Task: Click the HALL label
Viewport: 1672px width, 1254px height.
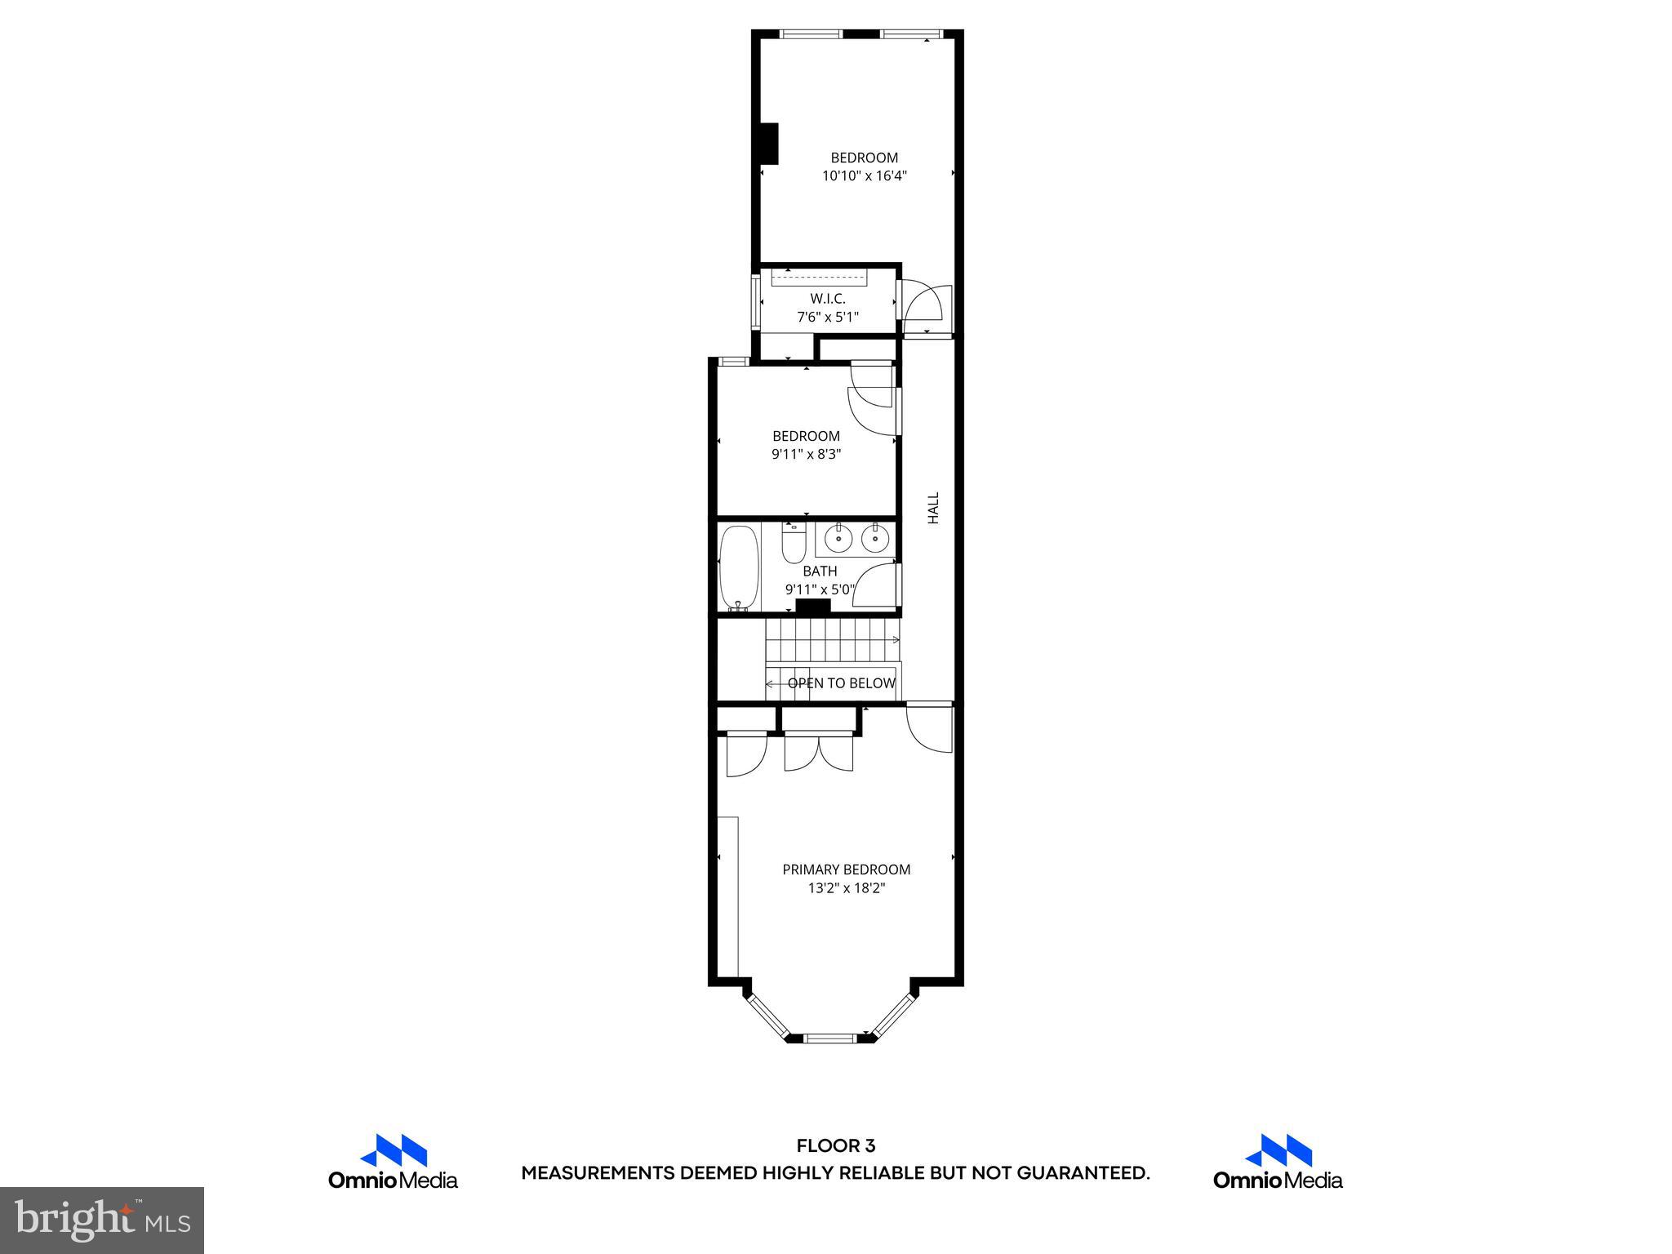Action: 933,508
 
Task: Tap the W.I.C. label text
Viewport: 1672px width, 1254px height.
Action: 828,299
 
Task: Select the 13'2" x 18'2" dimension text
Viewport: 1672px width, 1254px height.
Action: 847,888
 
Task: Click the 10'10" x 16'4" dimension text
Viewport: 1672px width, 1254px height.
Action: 865,176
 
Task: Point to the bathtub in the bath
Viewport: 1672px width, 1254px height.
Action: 739,568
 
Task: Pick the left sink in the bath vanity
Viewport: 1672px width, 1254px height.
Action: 838,539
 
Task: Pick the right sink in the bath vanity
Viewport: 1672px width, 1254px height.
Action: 875,539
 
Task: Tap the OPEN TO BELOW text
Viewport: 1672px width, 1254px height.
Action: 841,683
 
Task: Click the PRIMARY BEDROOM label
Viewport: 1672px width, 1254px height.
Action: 847,869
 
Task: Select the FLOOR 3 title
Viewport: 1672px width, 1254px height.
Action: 835,1146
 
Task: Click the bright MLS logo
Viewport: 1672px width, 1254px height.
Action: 102,1220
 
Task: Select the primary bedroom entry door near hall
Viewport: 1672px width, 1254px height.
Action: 931,727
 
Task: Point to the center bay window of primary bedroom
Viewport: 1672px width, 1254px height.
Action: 829,1038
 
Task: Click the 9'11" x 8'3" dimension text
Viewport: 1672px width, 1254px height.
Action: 806,455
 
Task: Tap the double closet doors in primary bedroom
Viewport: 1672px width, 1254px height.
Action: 818,752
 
